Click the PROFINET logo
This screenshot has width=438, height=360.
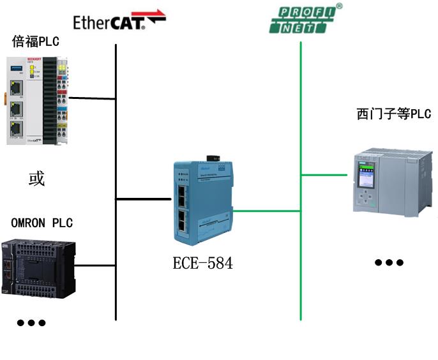pos(305,19)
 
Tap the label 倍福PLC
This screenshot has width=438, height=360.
pos(35,42)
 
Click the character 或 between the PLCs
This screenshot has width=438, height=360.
pos(36,179)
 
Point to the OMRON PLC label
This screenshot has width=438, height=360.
pos(42,223)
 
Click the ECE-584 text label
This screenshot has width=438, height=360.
pos(202,263)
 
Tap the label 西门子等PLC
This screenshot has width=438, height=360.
pos(393,114)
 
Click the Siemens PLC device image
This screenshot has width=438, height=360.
pos(389,183)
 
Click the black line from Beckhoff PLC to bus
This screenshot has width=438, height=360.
pos(92,99)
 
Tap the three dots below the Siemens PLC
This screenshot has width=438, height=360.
pos(389,262)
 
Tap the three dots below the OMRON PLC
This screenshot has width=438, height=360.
pos(31,323)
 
